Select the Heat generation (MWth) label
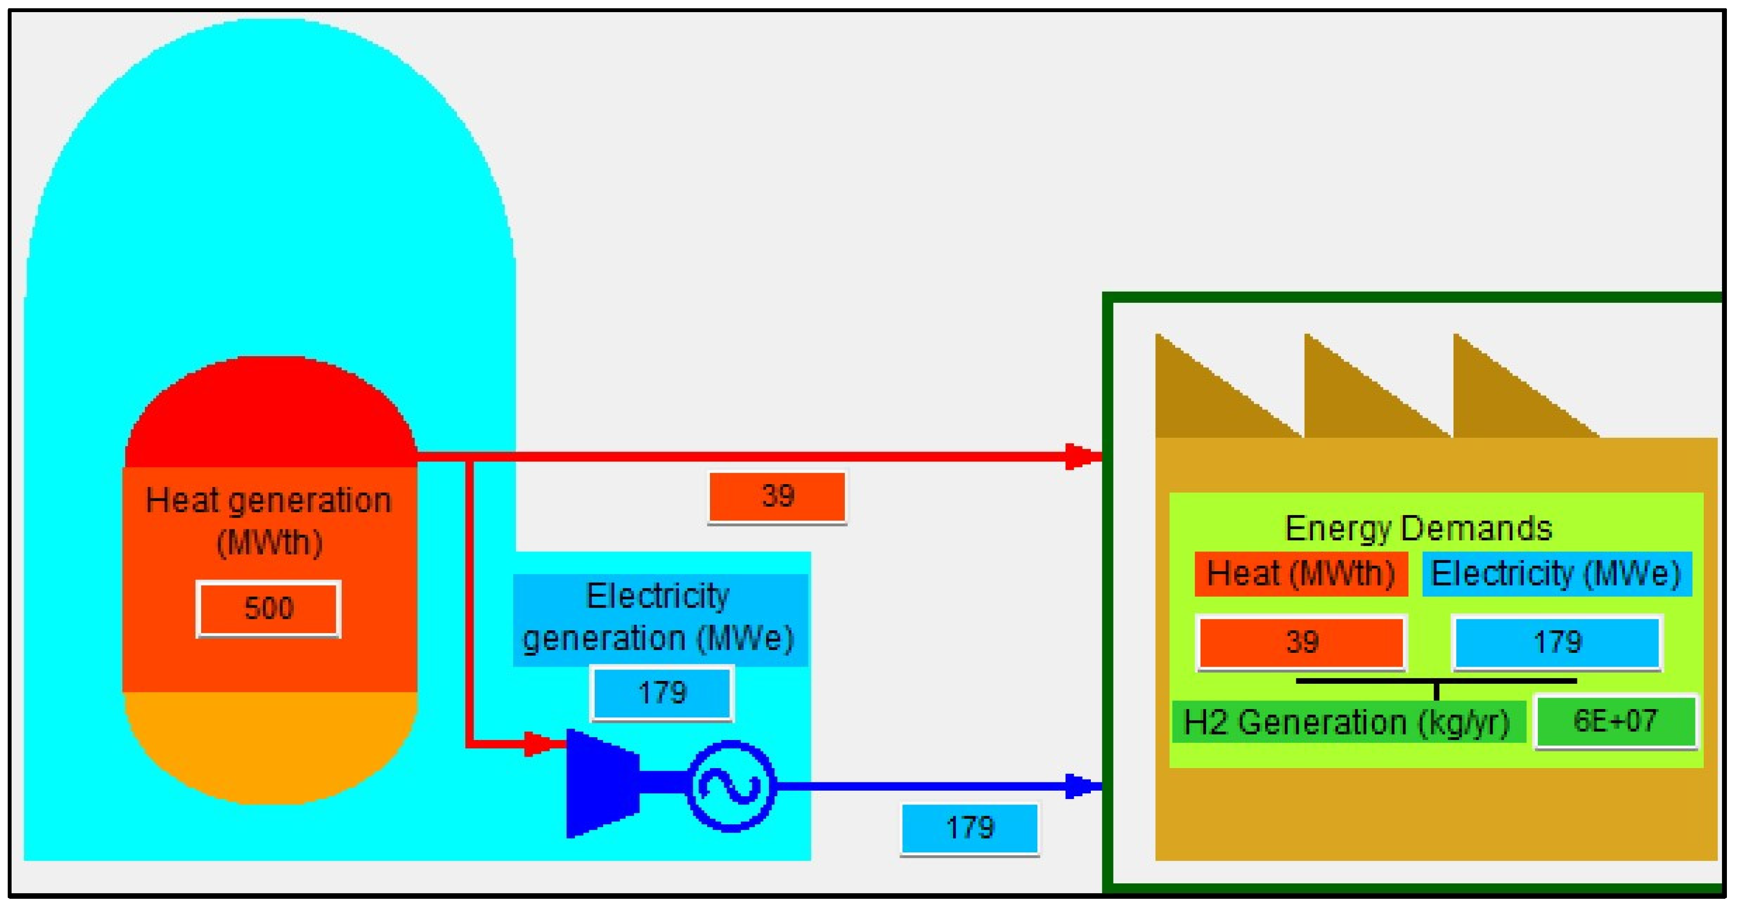269,521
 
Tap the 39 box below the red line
777,496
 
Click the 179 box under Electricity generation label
662,693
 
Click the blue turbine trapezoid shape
600,784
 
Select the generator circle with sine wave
731,785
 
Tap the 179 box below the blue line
970,828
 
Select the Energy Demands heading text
1418,529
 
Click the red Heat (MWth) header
1300,574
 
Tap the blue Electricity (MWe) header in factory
1556,574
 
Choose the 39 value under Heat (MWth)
1300,642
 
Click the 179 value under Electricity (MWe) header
1557,642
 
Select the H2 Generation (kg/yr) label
1347,722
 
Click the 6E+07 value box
1614,721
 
